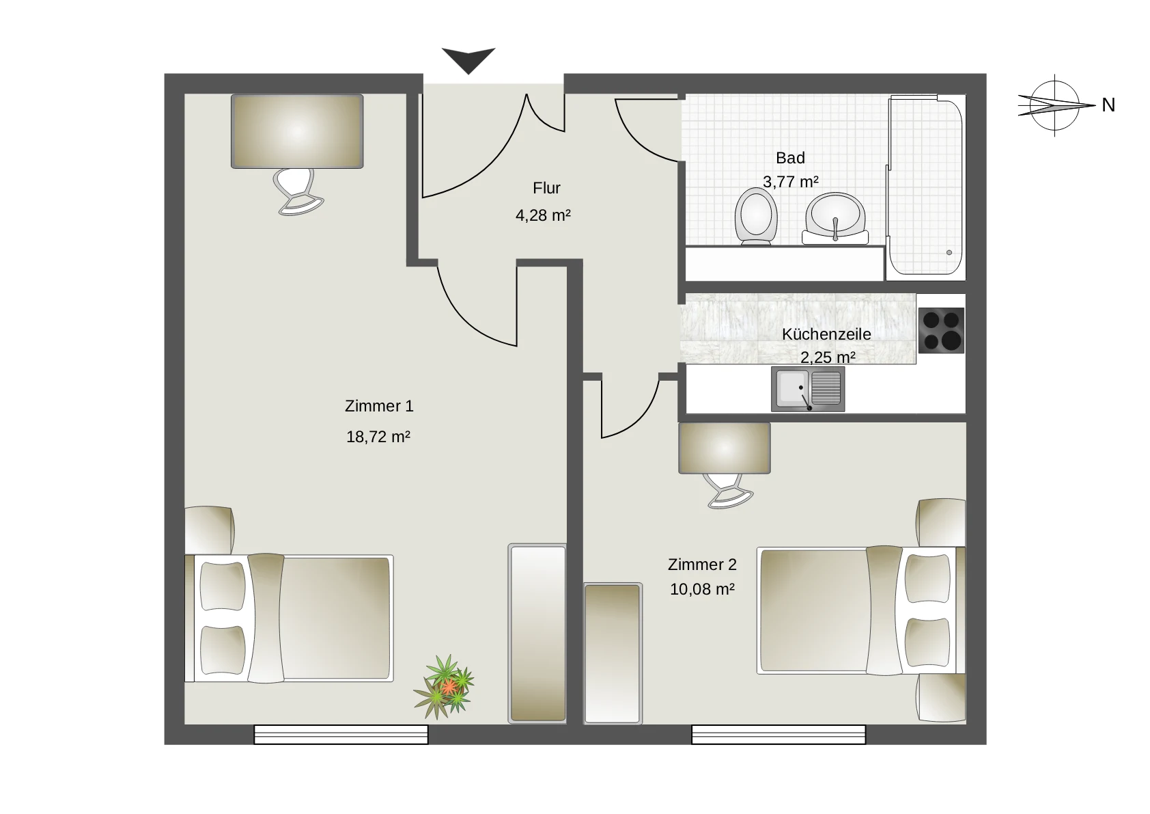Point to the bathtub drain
point(949,252)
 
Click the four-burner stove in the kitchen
point(941,331)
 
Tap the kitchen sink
point(808,389)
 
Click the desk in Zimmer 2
point(725,448)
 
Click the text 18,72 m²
point(378,437)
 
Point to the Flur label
point(546,188)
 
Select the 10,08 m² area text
point(702,589)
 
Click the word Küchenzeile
point(826,334)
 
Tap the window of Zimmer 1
point(341,735)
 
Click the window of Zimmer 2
point(779,735)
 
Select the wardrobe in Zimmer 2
point(613,653)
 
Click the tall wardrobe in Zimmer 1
point(537,633)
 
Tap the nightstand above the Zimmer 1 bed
point(210,530)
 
